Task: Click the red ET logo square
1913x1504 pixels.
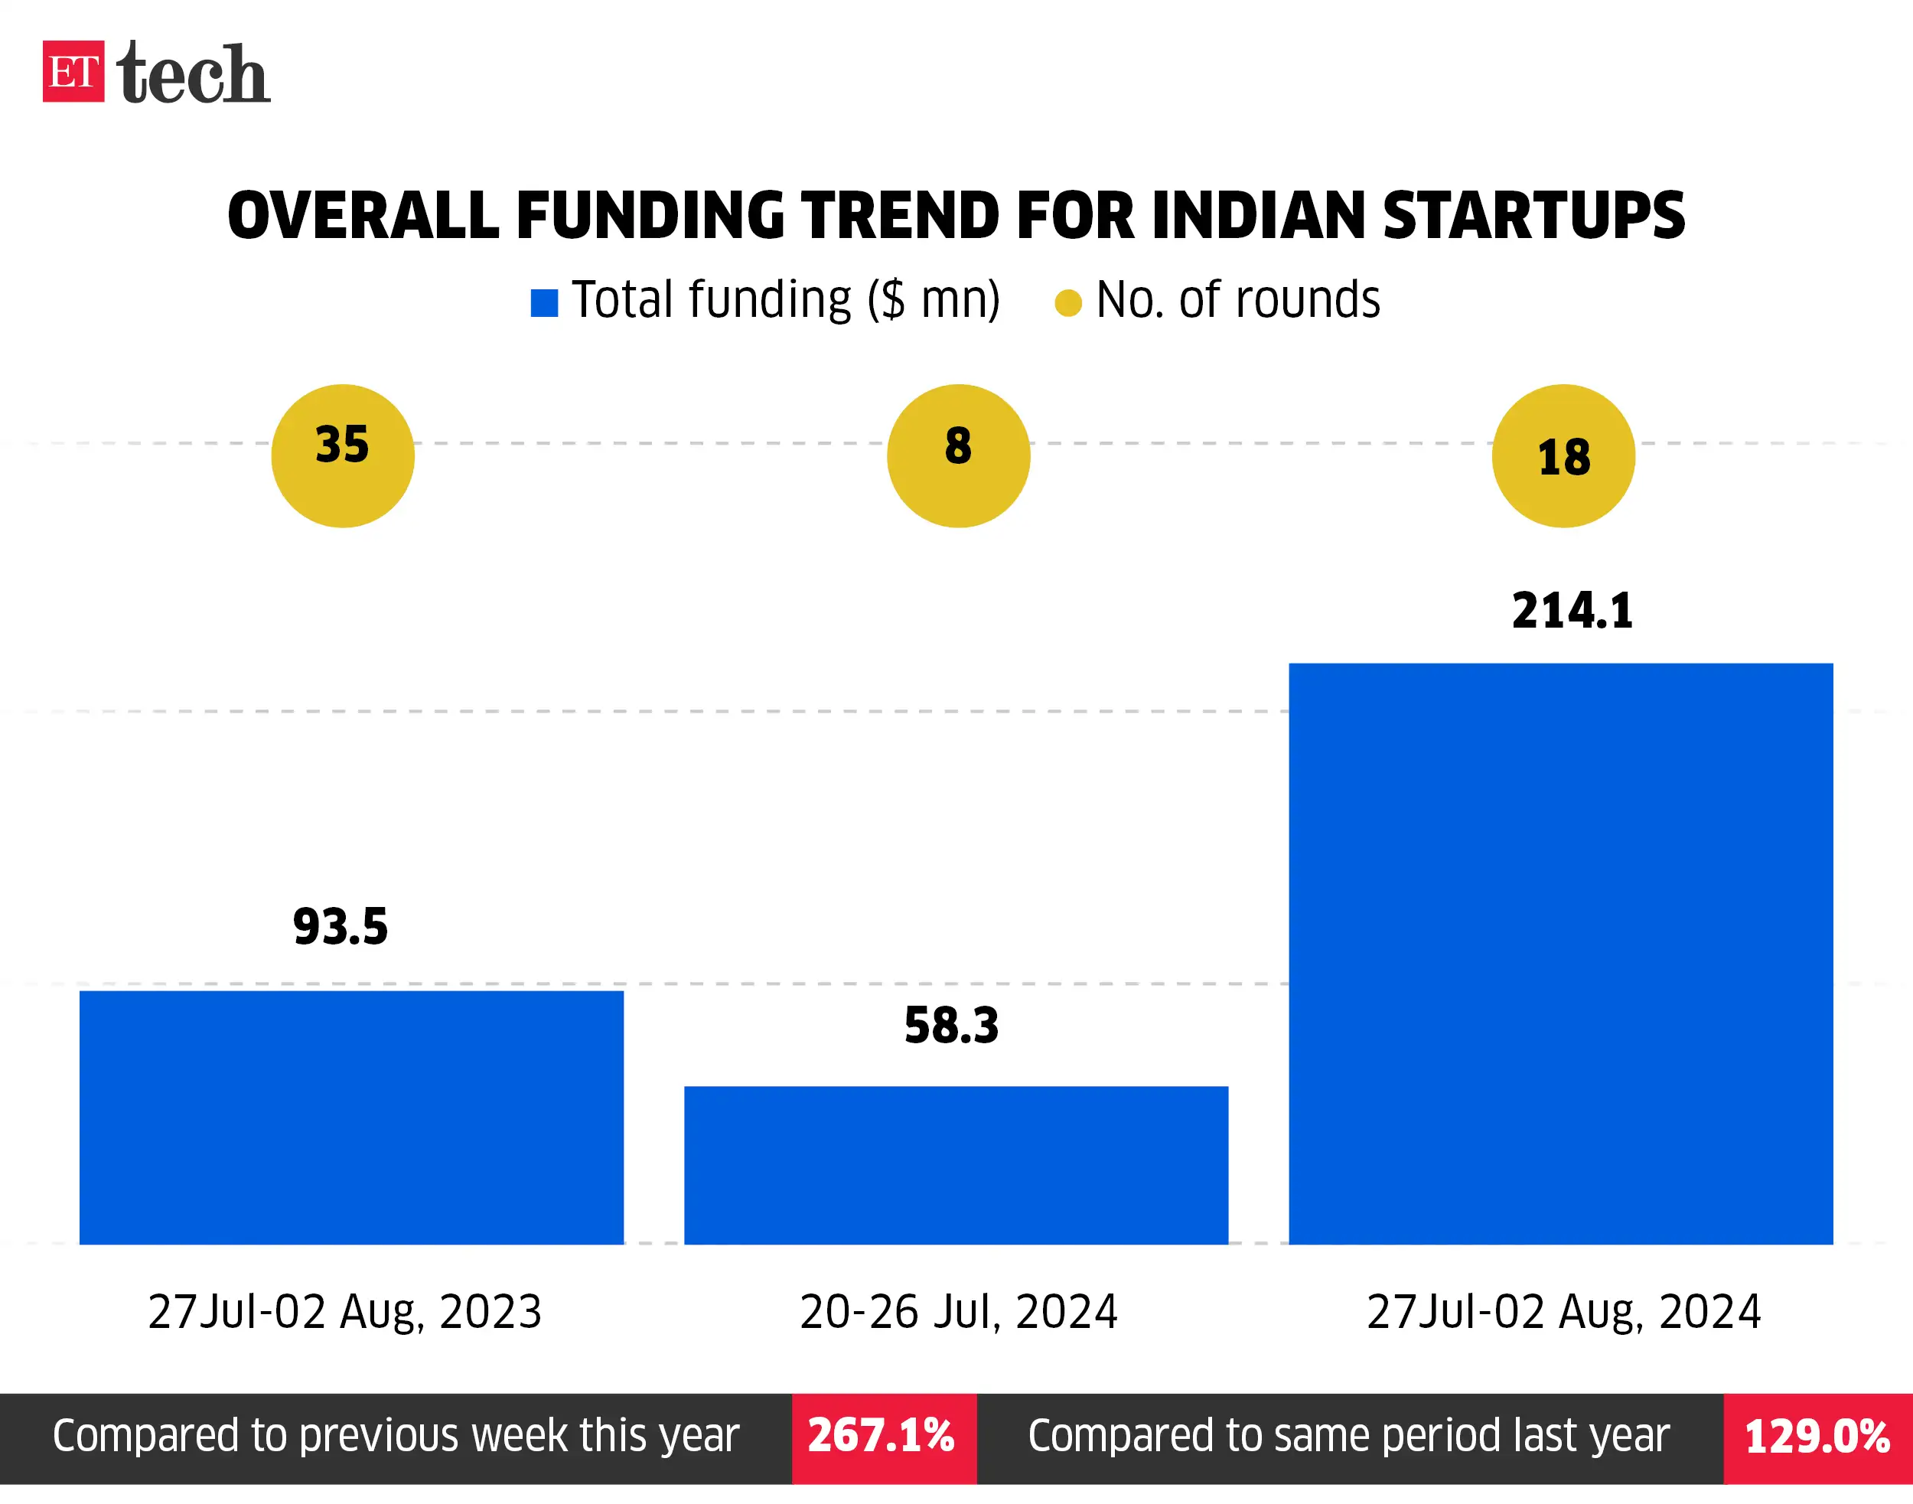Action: pos(73,71)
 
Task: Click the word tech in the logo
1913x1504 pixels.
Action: pos(193,74)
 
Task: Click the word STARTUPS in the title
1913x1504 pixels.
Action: pos(1533,216)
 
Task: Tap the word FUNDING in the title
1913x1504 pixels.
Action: pos(650,216)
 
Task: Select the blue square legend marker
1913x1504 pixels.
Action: pos(544,303)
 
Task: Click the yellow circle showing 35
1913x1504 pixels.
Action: pos(343,455)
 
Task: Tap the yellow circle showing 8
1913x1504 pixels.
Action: pos(958,455)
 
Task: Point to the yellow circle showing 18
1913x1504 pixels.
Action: pos(1563,455)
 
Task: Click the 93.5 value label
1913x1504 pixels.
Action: pos(340,927)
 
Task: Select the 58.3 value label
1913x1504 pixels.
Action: pos(951,1026)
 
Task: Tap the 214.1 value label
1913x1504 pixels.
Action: pos(1572,611)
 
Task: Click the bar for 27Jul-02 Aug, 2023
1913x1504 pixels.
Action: pos(351,1117)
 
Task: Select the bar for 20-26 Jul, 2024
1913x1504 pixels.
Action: pos(955,1165)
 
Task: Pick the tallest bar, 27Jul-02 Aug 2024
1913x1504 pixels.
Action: pos(1560,954)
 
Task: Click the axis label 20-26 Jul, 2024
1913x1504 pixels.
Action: pos(958,1312)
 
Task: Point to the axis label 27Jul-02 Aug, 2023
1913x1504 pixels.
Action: pos(344,1312)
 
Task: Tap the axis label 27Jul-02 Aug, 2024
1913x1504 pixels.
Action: pos(1563,1312)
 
